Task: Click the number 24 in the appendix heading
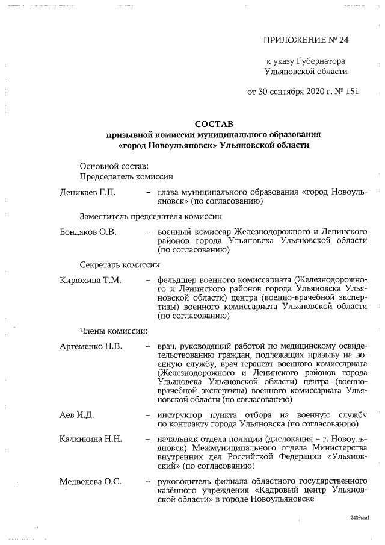(x=343, y=40)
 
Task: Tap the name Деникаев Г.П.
(x=87, y=192)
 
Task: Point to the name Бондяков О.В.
(x=88, y=231)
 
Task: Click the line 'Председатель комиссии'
(x=127, y=177)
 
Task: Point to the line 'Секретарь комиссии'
(x=120, y=264)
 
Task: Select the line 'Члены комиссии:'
(x=114, y=330)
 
